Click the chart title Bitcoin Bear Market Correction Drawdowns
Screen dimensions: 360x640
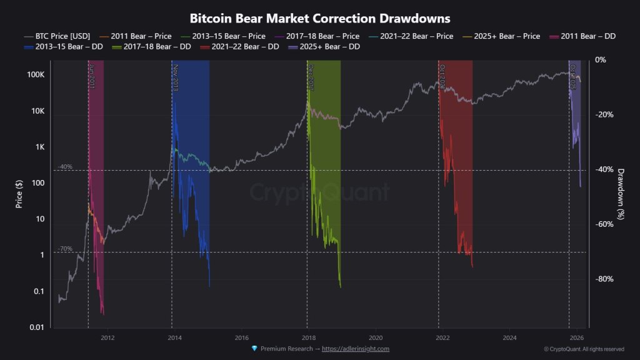pyautogui.click(x=319, y=19)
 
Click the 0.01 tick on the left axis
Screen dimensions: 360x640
pyautogui.click(x=36, y=327)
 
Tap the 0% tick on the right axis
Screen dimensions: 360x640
pyautogui.click(x=601, y=60)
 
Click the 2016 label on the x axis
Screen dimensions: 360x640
pyautogui.click(x=241, y=336)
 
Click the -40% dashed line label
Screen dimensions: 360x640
pyautogui.click(x=65, y=167)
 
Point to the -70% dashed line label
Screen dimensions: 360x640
pyautogui.click(x=65, y=249)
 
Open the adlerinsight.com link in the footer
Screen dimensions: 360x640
pyautogui.click(x=356, y=349)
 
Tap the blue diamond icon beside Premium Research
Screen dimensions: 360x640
pyautogui.click(x=254, y=349)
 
